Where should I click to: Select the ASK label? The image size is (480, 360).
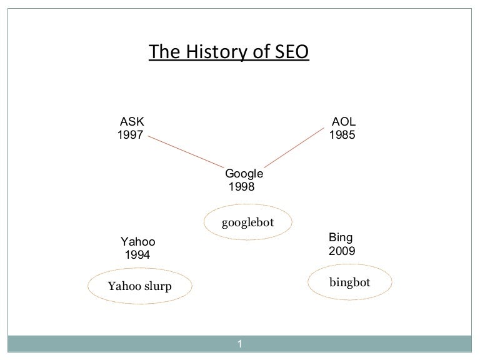(x=132, y=121)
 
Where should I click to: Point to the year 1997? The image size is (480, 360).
(x=131, y=135)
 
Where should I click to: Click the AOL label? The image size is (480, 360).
(x=344, y=121)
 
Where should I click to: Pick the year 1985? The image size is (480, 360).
(x=342, y=135)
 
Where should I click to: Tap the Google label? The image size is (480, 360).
(x=244, y=174)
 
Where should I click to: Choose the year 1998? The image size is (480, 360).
(x=241, y=186)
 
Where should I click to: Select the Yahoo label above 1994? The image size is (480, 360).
(x=137, y=241)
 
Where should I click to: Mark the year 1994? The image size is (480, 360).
(x=137, y=255)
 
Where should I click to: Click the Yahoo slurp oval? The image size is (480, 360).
(x=87, y=286)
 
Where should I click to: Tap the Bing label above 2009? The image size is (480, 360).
(x=341, y=238)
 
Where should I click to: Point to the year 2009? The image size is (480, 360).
(x=342, y=251)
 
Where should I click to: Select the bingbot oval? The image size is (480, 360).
(x=308, y=282)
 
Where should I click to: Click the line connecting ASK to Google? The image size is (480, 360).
(x=186, y=152)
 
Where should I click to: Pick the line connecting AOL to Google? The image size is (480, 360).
(x=294, y=148)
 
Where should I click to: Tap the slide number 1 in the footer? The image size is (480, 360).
(x=240, y=344)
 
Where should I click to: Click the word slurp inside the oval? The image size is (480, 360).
(x=158, y=287)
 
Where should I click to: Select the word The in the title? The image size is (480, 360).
(x=165, y=51)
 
